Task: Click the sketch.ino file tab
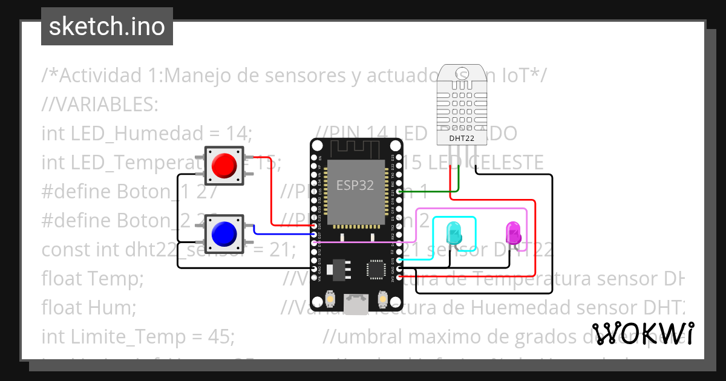[x=107, y=27]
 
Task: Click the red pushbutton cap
[x=224, y=165]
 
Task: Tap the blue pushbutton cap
[x=224, y=233]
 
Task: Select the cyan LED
[x=454, y=232]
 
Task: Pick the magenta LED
[x=513, y=232]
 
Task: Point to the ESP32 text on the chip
[x=355, y=186]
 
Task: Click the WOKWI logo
[x=642, y=333]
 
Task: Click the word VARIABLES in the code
[x=99, y=105]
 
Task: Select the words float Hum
[x=88, y=308]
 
